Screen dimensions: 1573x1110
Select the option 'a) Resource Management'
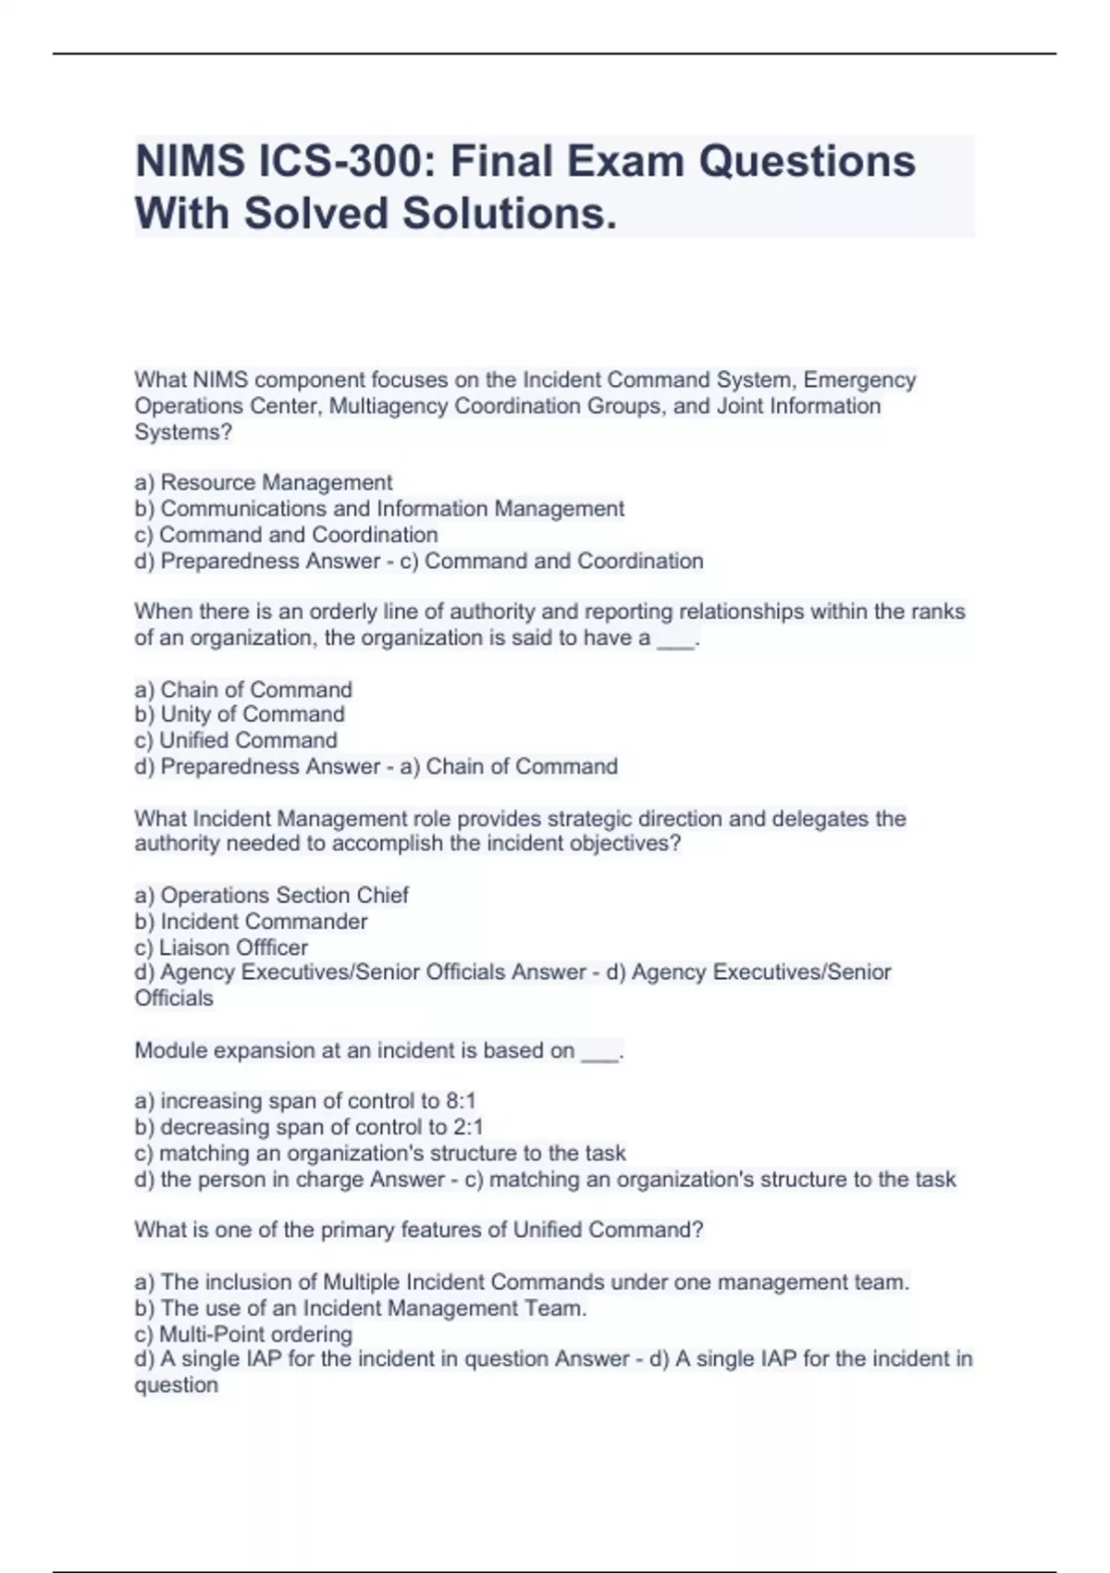click(264, 483)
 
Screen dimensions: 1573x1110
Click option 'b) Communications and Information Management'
click(379, 509)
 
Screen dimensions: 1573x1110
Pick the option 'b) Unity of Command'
click(240, 714)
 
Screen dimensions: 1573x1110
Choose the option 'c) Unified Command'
click(236, 740)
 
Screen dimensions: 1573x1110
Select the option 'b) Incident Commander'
click(251, 922)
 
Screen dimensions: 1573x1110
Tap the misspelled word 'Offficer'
click(271, 948)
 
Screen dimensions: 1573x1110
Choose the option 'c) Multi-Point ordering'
click(243, 1334)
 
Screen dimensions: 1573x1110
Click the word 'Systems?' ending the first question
click(183, 432)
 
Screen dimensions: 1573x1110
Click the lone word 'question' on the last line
click(176, 1385)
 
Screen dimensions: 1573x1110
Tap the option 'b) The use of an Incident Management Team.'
click(361, 1308)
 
